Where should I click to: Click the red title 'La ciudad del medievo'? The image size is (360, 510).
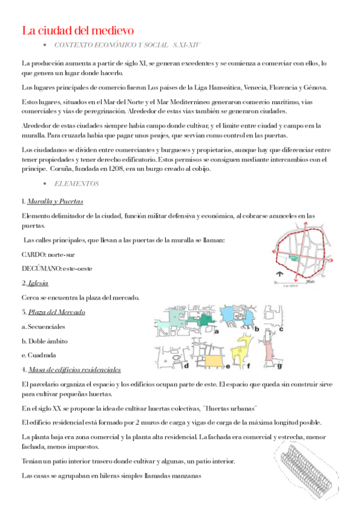coord(78,29)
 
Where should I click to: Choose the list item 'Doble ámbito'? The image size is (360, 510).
coord(47,341)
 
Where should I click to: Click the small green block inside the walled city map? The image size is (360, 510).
coord(293,256)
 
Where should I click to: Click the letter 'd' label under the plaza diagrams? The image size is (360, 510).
coord(187,365)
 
